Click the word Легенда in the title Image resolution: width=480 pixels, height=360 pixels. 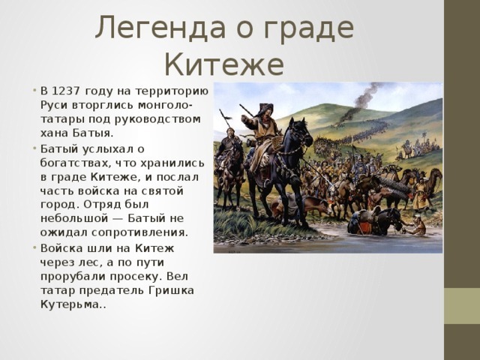[x=160, y=28]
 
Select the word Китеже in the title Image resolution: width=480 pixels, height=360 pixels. [x=224, y=64]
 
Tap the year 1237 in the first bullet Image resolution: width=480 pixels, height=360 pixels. [x=66, y=91]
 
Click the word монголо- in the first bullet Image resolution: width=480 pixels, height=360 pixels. [x=165, y=105]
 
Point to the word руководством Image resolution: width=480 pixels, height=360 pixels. [x=158, y=118]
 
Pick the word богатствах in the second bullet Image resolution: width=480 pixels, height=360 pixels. [x=75, y=163]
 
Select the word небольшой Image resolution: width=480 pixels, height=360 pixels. [x=74, y=218]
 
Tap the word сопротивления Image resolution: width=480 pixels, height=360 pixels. [x=139, y=232]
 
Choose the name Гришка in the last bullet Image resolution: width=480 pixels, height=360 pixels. [x=172, y=290]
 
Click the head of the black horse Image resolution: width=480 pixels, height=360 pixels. [x=301, y=133]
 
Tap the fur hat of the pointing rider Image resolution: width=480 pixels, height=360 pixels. [x=265, y=109]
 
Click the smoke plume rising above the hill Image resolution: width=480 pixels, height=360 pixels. [x=361, y=101]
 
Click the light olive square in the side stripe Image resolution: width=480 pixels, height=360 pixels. [x=462, y=306]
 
